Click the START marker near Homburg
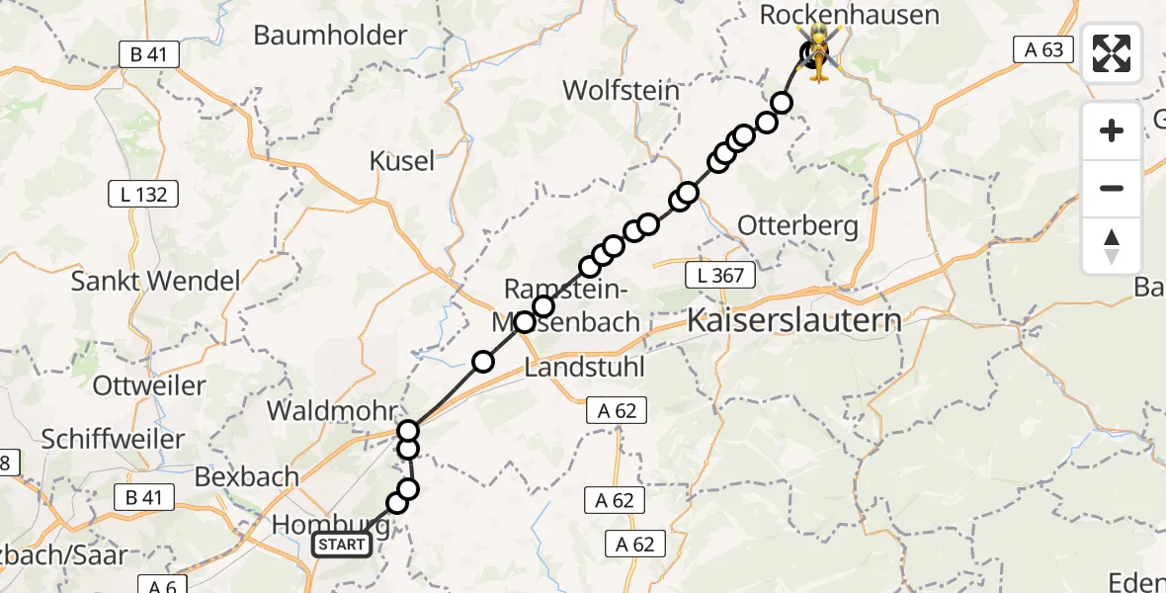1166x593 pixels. (342, 544)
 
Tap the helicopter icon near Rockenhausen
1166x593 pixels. (819, 53)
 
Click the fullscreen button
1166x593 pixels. (1112, 52)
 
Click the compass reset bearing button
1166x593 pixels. (1112, 246)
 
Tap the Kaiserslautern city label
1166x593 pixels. (793, 321)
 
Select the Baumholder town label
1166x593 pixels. (330, 36)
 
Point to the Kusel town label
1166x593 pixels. (402, 161)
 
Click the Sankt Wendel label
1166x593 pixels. (155, 281)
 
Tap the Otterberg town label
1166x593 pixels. (798, 226)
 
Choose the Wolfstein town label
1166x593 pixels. (621, 91)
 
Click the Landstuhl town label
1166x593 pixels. (584, 368)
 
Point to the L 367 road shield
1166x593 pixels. (720, 275)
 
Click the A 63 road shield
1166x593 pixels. (1043, 48)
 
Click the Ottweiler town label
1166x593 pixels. (149, 384)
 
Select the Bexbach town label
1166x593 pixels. (247, 476)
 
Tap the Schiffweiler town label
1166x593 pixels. (113, 439)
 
